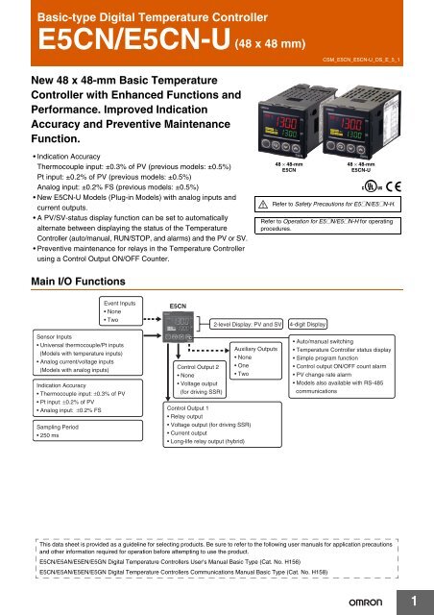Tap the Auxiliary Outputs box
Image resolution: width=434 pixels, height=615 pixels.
click(255, 360)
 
